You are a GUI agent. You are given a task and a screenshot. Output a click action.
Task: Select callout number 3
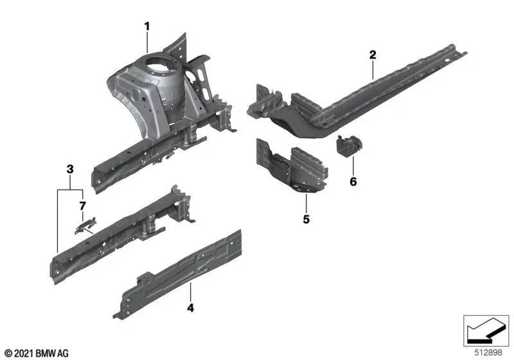(x=70, y=169)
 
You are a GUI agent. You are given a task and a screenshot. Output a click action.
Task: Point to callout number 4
(x=190, y=309)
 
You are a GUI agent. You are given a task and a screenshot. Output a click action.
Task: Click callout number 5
(x=306, y=220)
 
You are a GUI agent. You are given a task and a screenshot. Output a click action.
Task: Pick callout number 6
(x=353, y=182)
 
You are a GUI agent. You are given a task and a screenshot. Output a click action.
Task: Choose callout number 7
(x=82, y=206)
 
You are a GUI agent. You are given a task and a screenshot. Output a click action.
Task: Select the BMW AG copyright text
(x=36, y=353)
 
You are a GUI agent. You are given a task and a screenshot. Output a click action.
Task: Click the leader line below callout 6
(x=353, y=164)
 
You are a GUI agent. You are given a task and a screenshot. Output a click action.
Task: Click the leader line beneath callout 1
(x=147, y=42)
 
